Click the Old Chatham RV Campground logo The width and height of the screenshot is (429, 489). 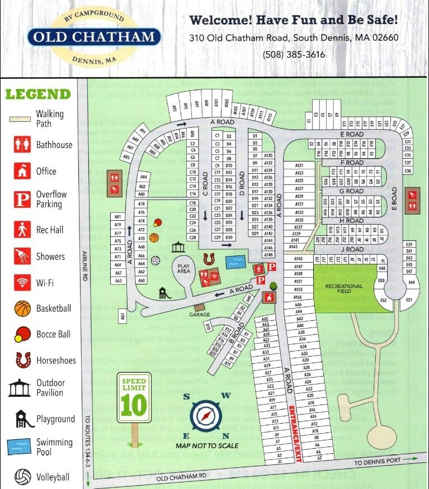(93, 37)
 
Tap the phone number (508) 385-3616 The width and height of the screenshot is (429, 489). (294, 54)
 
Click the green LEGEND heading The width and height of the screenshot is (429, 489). (38, 94)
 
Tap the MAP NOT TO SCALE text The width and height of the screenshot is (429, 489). (207, 446)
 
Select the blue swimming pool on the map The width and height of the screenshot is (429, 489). (236, 260)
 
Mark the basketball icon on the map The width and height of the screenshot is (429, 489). (154, 238)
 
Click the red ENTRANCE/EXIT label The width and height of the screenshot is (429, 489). (291, 428)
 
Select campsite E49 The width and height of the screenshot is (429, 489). (412, 283)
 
